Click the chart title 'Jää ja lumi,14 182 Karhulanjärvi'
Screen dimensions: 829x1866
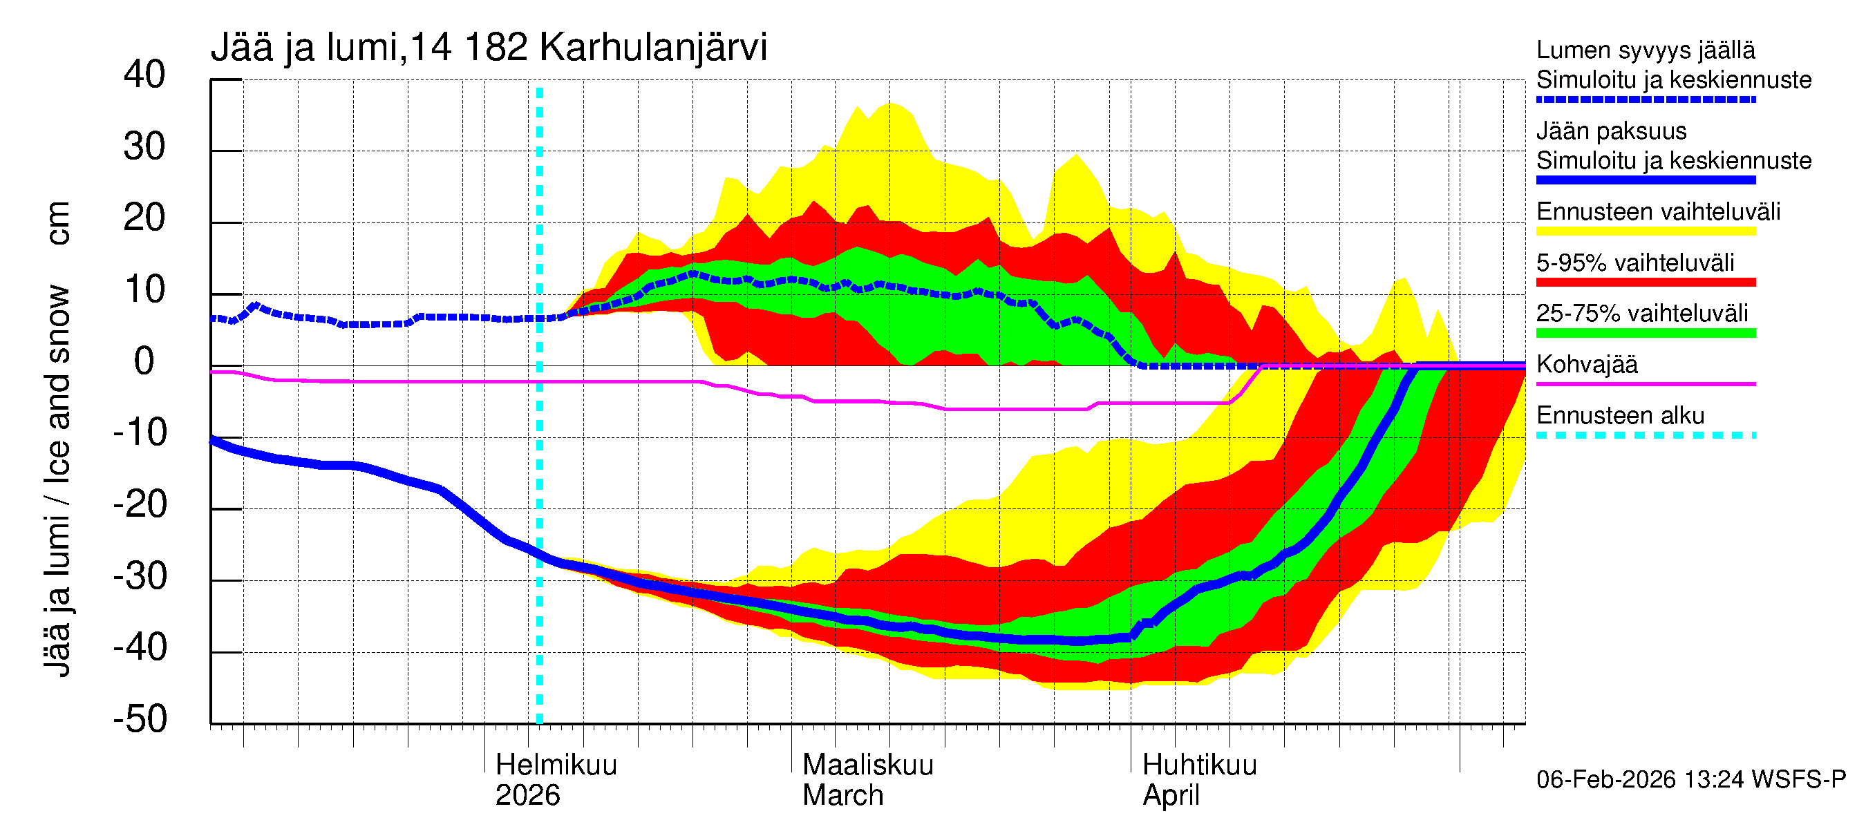pos(488,48)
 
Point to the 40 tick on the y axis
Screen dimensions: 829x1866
pos(144,75)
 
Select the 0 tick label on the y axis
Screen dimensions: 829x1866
pos(144,361)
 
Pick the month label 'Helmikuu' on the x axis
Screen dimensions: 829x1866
pos(556,765)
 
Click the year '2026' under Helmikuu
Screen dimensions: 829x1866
pos(527,796)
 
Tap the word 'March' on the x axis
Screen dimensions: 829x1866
pos(842,796)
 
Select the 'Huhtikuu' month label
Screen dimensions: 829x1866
pos(1199,765)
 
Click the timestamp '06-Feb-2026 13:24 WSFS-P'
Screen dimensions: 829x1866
pos(1690,780)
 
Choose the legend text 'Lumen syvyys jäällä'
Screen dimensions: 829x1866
pos(1645,50)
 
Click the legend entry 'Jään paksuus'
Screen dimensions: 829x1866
pos(1611,131)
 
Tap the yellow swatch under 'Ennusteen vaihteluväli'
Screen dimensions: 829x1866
pos(1645,231)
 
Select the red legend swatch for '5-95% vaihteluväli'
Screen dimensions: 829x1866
pos(1645,283)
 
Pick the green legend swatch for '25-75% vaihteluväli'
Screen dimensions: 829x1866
pos(1645,333)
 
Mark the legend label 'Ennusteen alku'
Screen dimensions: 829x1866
pos(1620,416)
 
